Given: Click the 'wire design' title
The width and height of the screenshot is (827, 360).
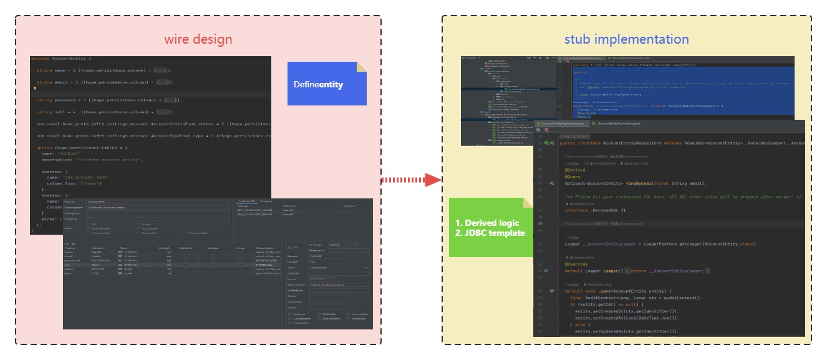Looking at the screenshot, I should (198, 39).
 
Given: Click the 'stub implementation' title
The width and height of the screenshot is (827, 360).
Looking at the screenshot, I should (626, 39).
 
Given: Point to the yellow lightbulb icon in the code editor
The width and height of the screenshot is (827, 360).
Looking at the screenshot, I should (35, 89).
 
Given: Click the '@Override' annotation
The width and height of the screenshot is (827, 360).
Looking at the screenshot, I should (576, 264).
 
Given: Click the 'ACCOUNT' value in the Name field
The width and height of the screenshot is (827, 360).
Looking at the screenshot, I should (97, 202).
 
